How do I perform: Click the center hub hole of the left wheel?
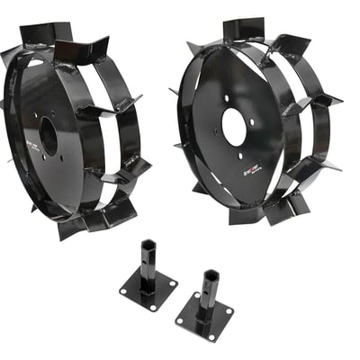tap(49, 137)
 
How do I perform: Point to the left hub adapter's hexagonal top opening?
tap(148, 247)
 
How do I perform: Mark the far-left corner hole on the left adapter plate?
tap(124, 289)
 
